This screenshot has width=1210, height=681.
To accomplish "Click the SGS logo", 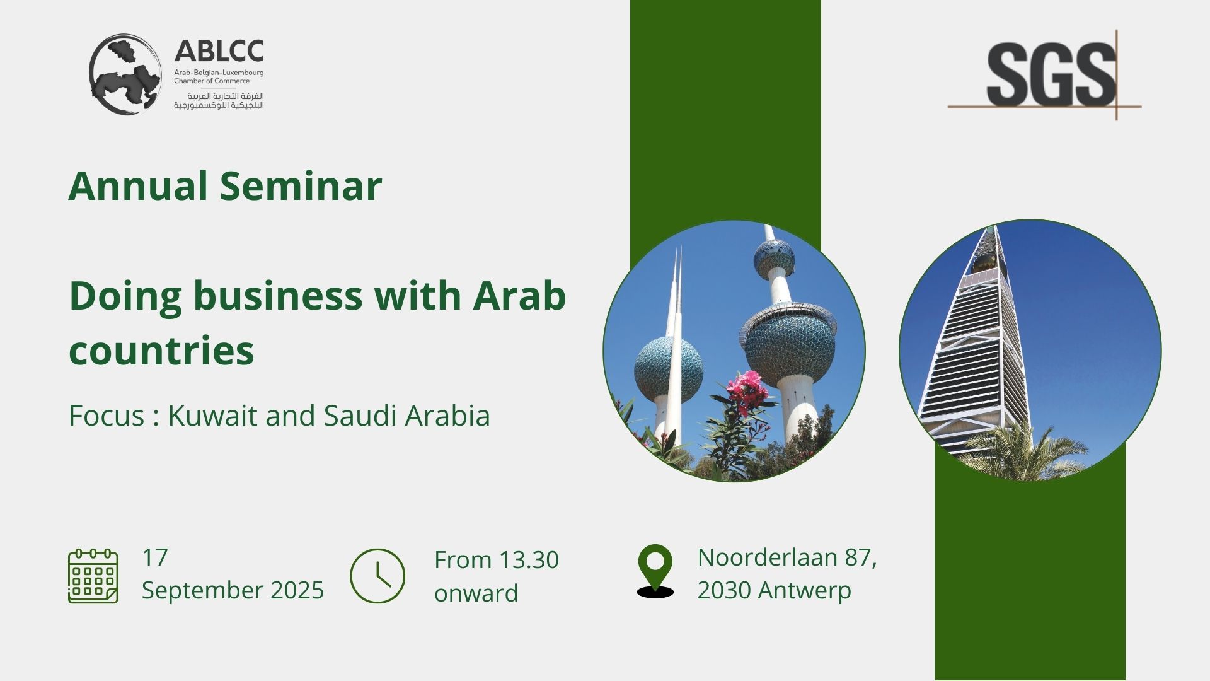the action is click(x=1044, y=74).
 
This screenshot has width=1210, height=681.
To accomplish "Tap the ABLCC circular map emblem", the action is click(x=125, y=74).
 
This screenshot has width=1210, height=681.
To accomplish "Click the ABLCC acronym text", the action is click(x=219, y=51).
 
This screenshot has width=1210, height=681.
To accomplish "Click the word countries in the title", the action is click(x=161, y=351).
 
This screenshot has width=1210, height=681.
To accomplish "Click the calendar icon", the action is click(x=93, y=576).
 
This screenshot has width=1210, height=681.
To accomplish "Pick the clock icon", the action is click(x=377, y=576).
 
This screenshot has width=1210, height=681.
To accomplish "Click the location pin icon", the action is click(x=655, y=571).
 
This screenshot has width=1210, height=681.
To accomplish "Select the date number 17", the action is click(x=155, y=557).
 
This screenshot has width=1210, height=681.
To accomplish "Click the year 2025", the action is click(x=297, y=590).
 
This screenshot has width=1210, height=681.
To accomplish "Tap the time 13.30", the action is click(x=528, y=560).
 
